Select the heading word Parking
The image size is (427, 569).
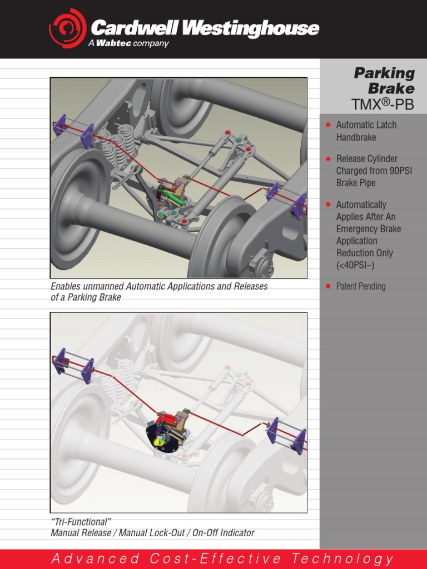384,73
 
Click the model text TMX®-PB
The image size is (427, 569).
383,104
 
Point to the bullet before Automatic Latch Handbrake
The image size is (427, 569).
328,125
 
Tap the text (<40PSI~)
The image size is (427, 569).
355,265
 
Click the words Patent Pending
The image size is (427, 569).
360,287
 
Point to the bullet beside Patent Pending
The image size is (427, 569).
328,287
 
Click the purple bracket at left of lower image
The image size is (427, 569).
61,362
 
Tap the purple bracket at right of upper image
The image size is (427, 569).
299,205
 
